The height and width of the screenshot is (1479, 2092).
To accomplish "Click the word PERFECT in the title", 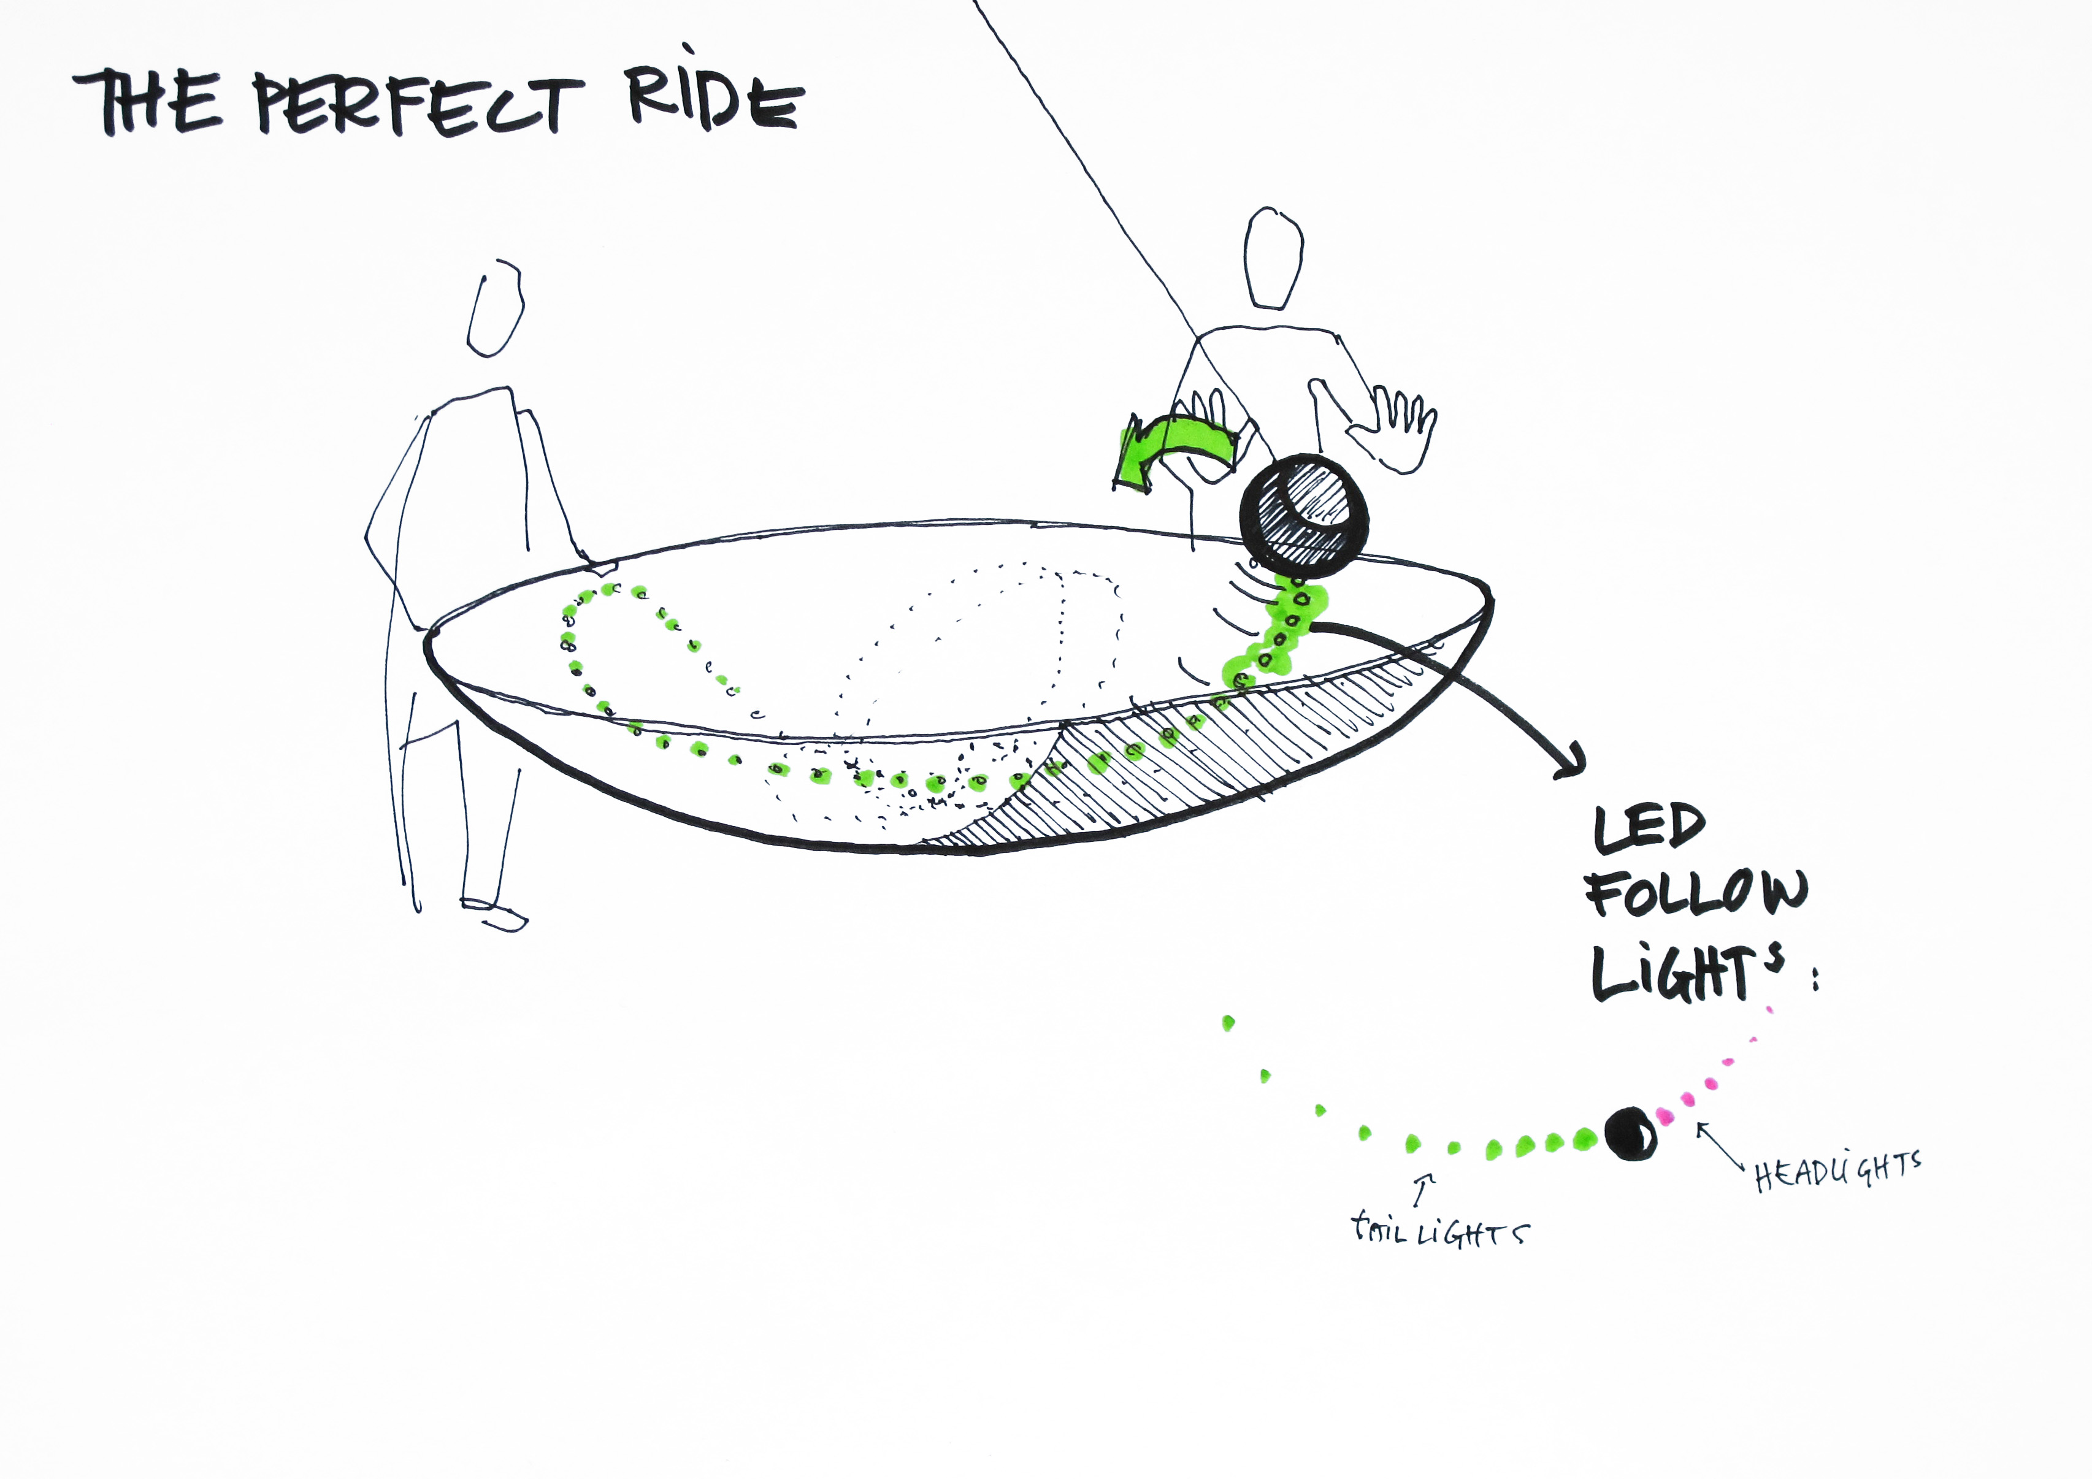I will pyautogui.click(x=418, y=107).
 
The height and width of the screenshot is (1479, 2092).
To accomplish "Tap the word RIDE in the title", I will pyautogui.click(x=715, y=100).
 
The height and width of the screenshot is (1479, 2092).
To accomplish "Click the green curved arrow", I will pyautogui.click(x=1175, y=454).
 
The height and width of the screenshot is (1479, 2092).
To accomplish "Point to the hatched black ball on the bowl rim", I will pyautogui.click(x=1303, y=516).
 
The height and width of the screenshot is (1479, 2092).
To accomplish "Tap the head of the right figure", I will pyautogui.click(x=1273, y=259).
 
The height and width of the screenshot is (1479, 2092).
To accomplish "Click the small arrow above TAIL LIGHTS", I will pyautogui.click(x=1423, y=1188).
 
